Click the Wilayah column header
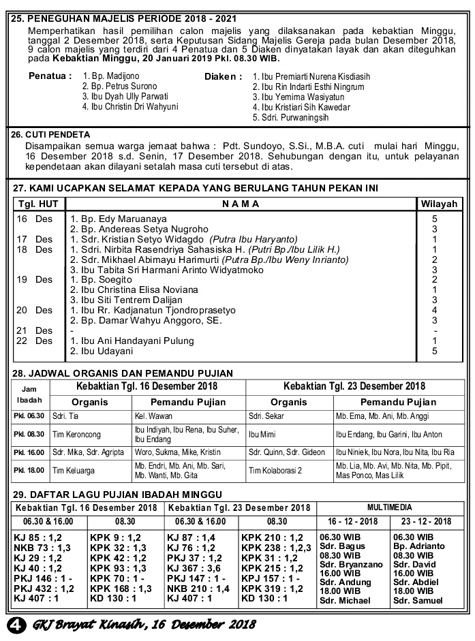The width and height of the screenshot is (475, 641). tap(438, 204)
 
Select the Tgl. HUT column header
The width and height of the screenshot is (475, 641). tap(38, 204)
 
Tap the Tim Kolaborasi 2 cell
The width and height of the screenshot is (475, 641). tap(275, 470)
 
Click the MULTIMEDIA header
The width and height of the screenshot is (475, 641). tap(389, 508)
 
